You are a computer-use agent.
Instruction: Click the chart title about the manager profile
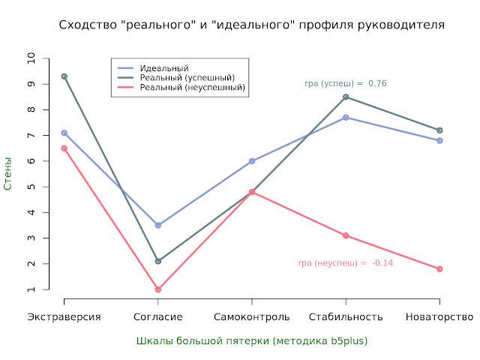(251, 25)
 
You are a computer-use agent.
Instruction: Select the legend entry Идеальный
(163, 68)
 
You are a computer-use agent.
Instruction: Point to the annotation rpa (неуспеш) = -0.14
(346, 263)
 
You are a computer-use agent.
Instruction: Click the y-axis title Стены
(8, 173)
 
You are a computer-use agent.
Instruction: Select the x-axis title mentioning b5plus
(252, 340)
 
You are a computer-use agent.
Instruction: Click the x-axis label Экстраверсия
(64, 317)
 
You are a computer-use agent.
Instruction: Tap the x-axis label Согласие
(157, 317)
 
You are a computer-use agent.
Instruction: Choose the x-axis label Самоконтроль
(252, 317)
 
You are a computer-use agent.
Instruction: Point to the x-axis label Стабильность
(346, 317)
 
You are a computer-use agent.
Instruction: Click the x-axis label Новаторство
(439, 317)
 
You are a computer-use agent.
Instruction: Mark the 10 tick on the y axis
(31, 58)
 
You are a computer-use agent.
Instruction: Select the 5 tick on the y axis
(31, 187)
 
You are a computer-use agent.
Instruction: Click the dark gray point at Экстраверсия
(64, 76)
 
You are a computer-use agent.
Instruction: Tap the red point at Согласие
(157, 289)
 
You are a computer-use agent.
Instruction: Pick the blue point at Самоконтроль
(252, 161)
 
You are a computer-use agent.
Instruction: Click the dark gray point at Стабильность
(346, 97)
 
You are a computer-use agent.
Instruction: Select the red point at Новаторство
(439, 268)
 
